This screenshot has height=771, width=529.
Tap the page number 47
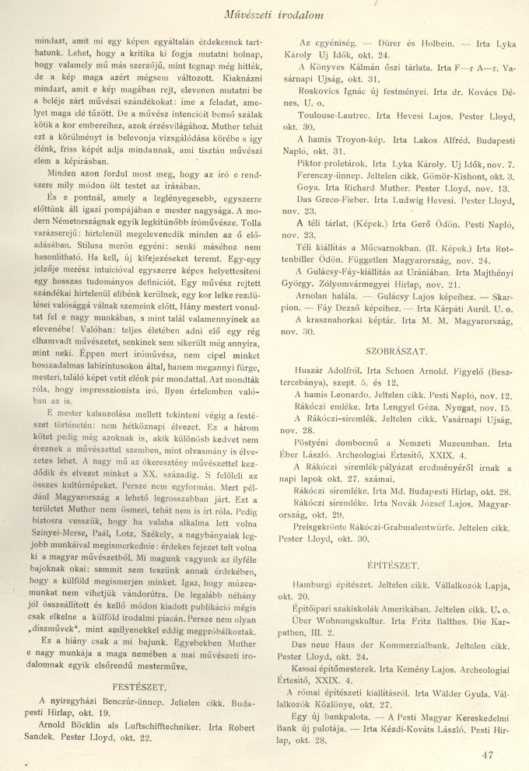click(x=488, y=754)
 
